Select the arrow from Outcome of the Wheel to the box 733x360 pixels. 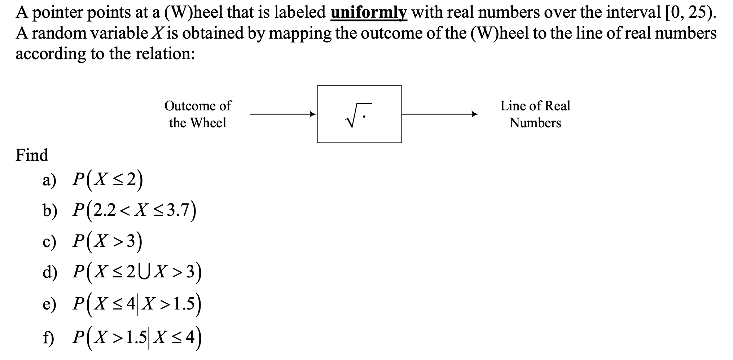[283, 114]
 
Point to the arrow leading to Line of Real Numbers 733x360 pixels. [440, 114]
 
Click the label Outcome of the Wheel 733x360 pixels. [198, 114]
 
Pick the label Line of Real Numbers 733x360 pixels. [535, 114]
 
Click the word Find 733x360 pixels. [32, 155]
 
